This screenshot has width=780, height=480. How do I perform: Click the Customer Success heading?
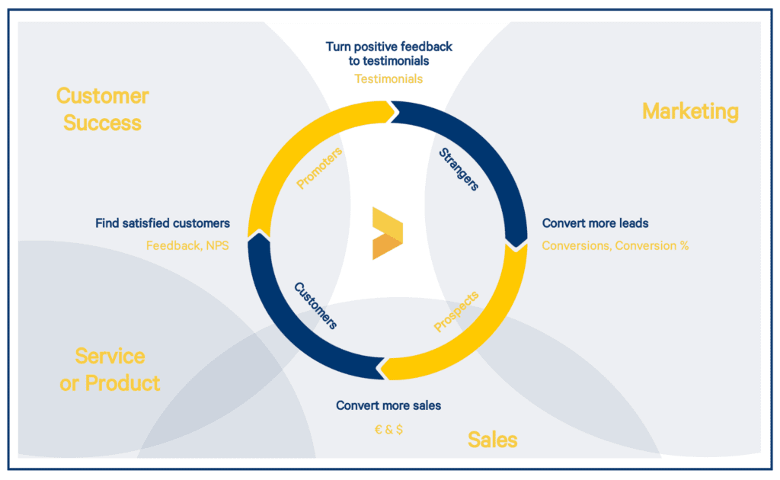pyautogui.click(x=103, y=110)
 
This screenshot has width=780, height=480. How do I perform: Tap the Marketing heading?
pyautogui.click(x=690, y=111)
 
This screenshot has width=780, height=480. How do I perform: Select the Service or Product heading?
pyautogui.click(x=110, y=370)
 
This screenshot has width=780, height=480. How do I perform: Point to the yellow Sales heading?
pyautogui.click(x=493, y=440)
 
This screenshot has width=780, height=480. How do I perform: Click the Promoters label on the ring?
pyautogui.click(x=319, y=168)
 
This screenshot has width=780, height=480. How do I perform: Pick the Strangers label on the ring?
pyautogui.click(x=459, y=170)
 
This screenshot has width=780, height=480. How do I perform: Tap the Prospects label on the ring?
pyautogui.click(x=456, y=312)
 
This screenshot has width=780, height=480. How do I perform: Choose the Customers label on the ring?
pyautogui.click(x=315, y=306)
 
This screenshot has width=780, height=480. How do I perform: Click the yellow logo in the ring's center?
pyautogui.click(x=388, y=233)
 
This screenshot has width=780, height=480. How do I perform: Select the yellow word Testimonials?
pyautogui.click(x=388, y=79)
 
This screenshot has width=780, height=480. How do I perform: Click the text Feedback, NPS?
pyautogui.click(x=187, y=246)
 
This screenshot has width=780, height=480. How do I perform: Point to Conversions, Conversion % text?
pyautogui.click(x=615, y=246)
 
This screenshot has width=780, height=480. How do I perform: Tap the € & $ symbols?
pyautogui.click(x=388, y=429)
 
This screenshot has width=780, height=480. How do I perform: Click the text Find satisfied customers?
pyautogui.click(x=163, y=223)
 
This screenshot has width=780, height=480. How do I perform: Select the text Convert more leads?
pyautogui.click(x=596, y=223)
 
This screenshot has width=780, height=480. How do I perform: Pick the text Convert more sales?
pyautogui.click(x=388, y=406)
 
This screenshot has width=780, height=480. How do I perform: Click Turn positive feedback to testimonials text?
pyautogui.click(x=388, y=54)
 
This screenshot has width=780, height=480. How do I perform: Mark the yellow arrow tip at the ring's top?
pyautogui.click(x=398, y=112)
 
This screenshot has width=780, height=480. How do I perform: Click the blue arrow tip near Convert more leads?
pyautogui.click(x=516, y=247)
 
